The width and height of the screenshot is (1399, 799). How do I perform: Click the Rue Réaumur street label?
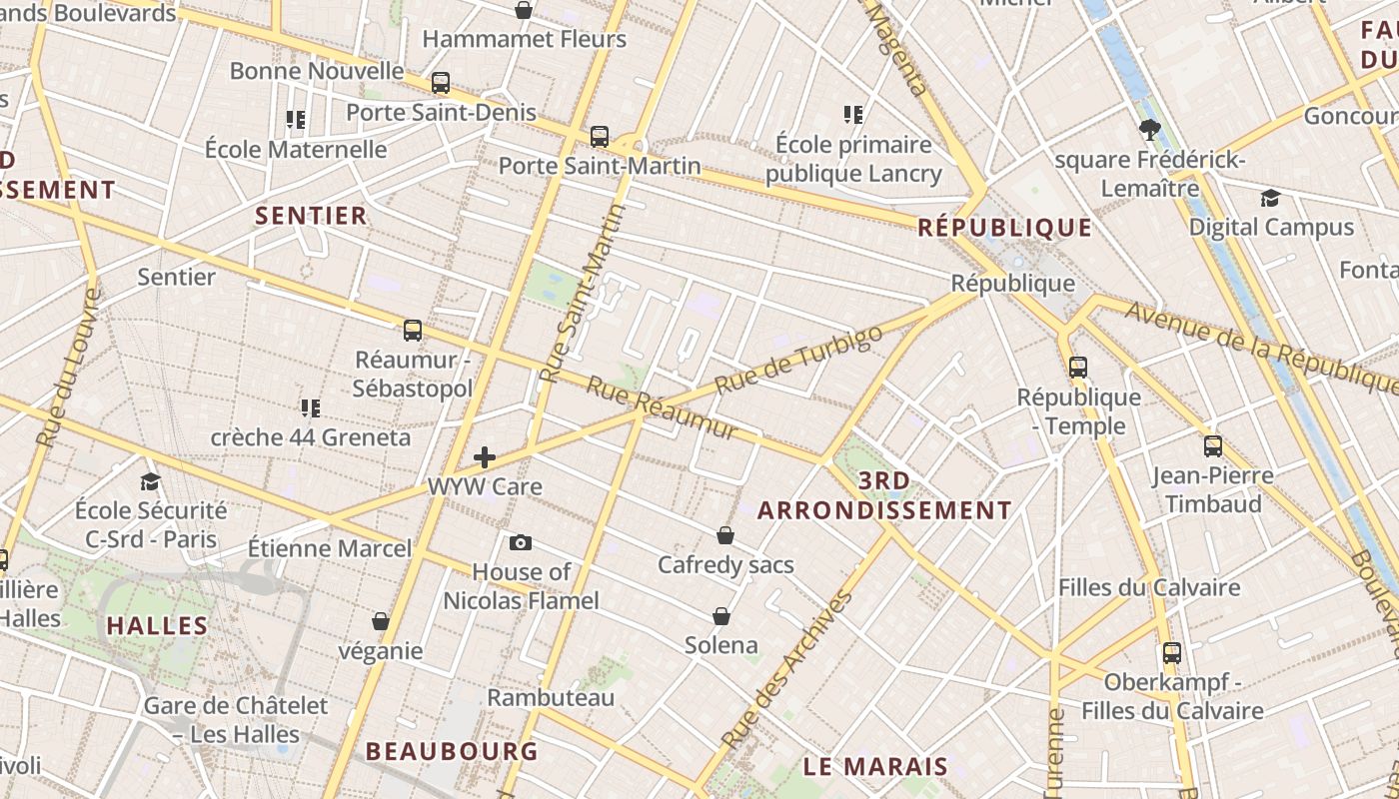pyautogui.click(x=661, y=408)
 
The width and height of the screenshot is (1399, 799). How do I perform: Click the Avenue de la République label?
pyautogui.click(x=1262, y=345)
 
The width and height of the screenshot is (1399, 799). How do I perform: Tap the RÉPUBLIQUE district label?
pyautogui.click(x=1004, y=228)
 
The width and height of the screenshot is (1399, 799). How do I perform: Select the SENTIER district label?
pyautogui.click(x=311, y=216)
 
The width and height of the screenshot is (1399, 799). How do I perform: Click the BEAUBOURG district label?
pyautogui.click(x=452, y=751)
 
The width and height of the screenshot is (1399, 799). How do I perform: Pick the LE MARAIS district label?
pyautogui.click(x=875, y=767)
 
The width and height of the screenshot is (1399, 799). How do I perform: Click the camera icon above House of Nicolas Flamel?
pyautogui.click(x=521, y=543)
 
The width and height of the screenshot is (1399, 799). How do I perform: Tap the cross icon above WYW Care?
pyautogui.click(x=485, y=457)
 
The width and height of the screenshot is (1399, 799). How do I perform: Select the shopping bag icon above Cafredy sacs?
pyautogui.click(x=725, y=536)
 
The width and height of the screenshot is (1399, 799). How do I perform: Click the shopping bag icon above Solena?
pyautogui.click(x=721, y=616)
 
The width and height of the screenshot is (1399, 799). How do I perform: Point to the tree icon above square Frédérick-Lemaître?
pyautogui.click(x=1149, y=129)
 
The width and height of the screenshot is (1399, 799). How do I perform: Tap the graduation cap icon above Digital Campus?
pyautogui.click(x=1270, y=198)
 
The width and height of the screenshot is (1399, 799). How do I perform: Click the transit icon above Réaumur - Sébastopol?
pyautogui.click(x=412, y=331)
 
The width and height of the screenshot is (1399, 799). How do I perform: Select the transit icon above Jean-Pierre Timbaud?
pyautogui.click(x=1212, y=446)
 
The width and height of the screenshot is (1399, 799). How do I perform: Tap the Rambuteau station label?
pyautogui.click(x=551, y=697)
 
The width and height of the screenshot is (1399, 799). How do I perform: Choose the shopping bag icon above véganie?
pyautogui.click(x=380, y=622)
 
